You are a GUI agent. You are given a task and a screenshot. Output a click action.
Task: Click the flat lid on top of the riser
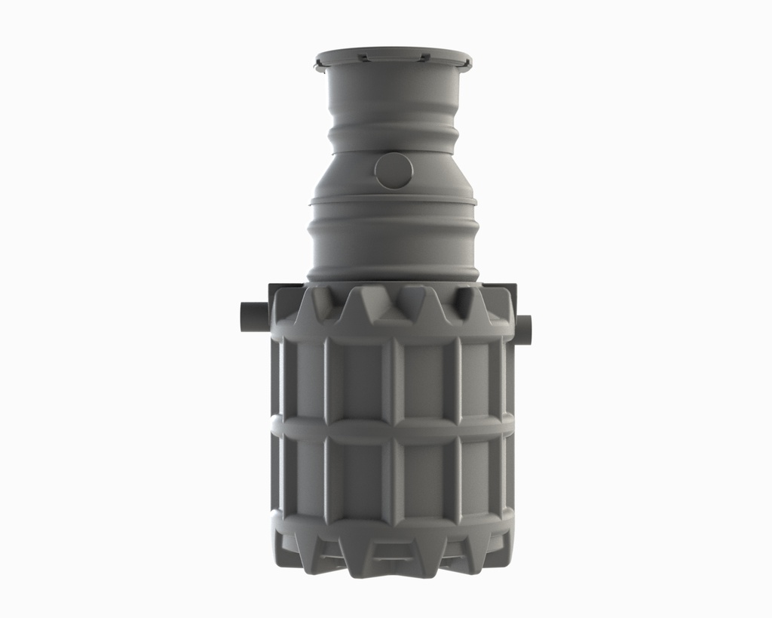393,57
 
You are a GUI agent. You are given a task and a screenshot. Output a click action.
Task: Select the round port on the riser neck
394,171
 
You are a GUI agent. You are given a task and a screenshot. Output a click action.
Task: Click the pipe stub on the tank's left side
254,315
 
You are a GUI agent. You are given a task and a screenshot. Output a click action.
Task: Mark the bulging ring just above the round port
393,140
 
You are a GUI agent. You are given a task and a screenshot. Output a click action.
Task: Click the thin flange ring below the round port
393,201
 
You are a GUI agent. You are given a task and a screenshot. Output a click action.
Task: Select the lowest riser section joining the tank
393,241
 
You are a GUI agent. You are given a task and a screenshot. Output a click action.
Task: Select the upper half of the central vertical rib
393,377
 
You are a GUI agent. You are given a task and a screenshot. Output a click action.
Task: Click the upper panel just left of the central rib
358,377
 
